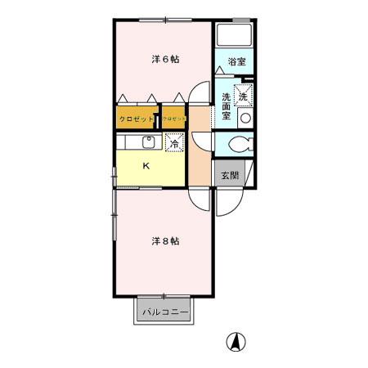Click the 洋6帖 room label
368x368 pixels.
(164, 59)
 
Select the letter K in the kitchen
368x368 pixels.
(146, 167)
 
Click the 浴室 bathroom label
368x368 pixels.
(236, 62)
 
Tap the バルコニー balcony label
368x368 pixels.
(164, 312)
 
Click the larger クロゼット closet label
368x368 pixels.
(137, 119)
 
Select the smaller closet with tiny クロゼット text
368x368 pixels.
(174, 119)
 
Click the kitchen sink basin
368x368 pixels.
(150, 141)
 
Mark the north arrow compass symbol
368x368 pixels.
(236, 343)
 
